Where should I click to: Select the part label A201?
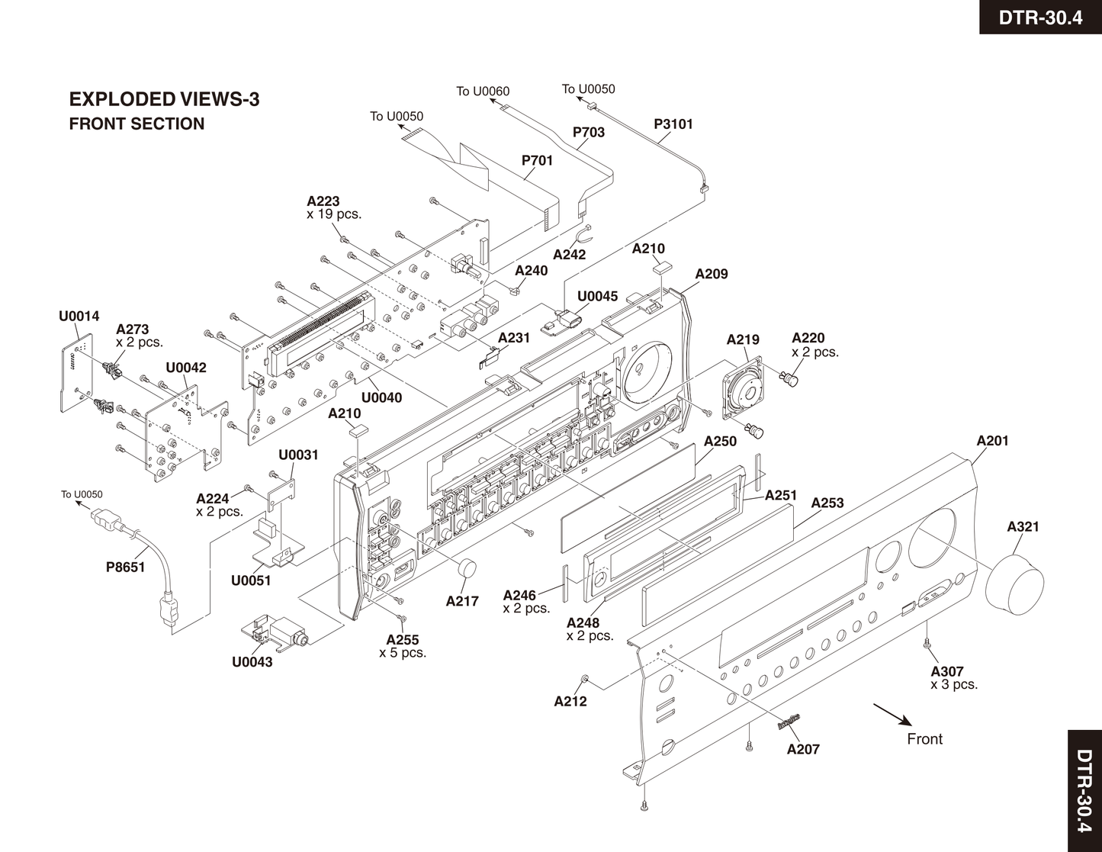click(x=992, y=440)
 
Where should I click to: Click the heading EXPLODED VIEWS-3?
click(x=164, y=99)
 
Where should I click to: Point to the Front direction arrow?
click(x=892, y=715)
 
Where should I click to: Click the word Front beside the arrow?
click(x=924, y=739)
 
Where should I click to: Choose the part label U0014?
click(x=79, y=316)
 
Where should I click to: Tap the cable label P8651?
click(x=125, y=567)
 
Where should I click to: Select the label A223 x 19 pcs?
click(x=333, y=207)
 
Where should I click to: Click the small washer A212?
click(x=584, y=679)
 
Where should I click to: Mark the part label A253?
click(x=827, y=503)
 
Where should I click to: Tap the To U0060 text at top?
click(x=483, y=92)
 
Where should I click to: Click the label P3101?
click(x=673, y=124)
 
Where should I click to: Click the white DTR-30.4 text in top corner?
click(x=1040, y=18)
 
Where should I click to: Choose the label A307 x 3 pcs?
click(x=953, y=677)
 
